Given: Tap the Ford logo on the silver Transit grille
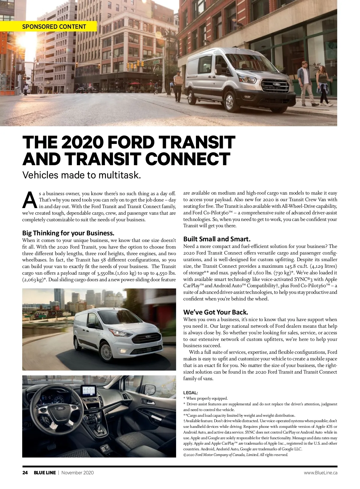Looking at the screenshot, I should click(276, 85).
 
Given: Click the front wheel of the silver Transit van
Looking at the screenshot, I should click(229, 101).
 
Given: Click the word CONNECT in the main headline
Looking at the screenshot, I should click(187, 159).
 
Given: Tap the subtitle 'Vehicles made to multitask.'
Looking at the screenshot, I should click(82, 175).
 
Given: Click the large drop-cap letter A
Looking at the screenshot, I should click(29, 200).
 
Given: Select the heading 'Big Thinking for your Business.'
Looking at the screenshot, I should click(68, 233).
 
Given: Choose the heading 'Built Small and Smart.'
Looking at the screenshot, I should click(217, 239).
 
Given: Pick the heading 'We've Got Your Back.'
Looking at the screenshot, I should click(216, 312).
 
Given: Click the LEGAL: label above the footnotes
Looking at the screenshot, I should click(190, 392).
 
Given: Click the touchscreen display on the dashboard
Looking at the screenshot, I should click(89, 390).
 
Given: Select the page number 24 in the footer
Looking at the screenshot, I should click(25, 473).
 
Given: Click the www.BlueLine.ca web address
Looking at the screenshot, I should click(320, 473).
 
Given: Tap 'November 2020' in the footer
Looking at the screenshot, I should click(77, 473).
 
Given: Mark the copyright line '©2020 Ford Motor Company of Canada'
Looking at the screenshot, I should click(235, 455).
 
